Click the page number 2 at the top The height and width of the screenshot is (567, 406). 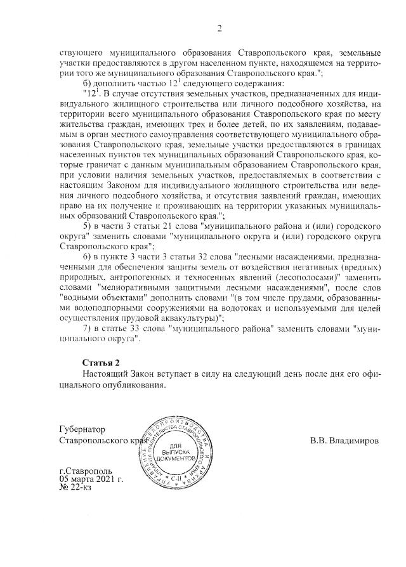pyautogui.click(x=219, y=27)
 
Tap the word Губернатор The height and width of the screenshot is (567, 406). pyautogui.click(x=83, y=429)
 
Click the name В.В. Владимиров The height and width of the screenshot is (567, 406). pyautogui.click(x=344, y=440)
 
